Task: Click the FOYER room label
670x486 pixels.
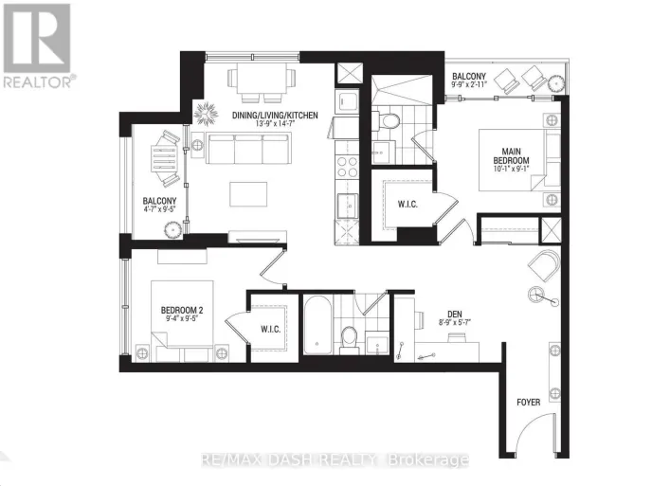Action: [529, 403]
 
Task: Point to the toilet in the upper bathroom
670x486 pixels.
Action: [389, 120]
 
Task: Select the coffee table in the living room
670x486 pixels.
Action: [249, 193]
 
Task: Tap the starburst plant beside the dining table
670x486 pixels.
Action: [206, 111]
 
